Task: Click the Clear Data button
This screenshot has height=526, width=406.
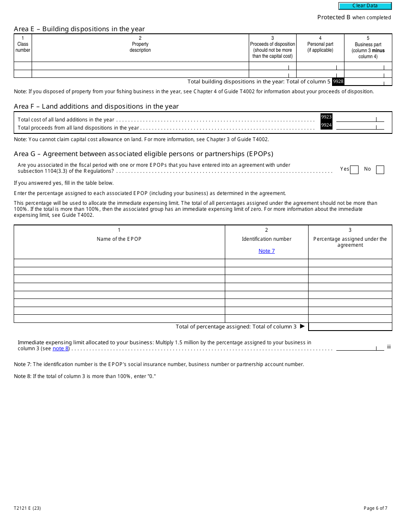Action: point(365,6)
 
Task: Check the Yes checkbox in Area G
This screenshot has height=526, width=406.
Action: point(354,170)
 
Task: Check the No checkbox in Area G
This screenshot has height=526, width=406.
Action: point(380,170)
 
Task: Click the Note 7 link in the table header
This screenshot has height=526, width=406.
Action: point(267,251)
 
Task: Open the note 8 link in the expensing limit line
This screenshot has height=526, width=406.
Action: point(61,349)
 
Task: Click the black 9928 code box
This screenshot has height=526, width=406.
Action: point(338,81)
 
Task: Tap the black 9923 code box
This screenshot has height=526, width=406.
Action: point(327,117)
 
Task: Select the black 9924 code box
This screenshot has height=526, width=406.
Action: point(327,125)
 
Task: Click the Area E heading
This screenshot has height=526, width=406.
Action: point(79,29)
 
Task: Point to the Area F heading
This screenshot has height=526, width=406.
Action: point(96,106)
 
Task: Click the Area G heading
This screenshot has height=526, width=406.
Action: point(143,154)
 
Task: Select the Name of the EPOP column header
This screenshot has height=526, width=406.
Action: point(119,239)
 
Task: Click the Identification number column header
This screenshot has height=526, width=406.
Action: point(267,239)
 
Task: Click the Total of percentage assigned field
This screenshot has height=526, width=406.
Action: point(350,327)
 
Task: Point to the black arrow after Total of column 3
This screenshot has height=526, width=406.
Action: point(302,326)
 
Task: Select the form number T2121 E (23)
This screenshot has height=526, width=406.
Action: point(27,508)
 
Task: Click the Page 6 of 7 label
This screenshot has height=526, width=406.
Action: point(375,508)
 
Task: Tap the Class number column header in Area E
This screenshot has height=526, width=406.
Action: point(23,47)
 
